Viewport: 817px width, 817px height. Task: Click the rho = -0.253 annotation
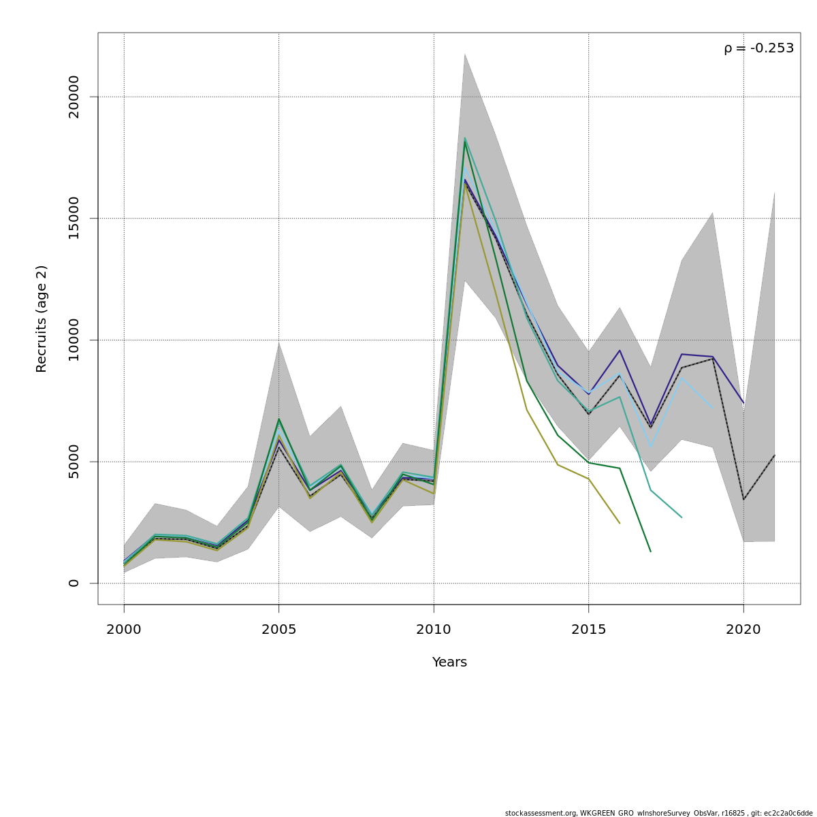click(758, 48)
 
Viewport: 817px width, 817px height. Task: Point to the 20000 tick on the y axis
click(74, 97)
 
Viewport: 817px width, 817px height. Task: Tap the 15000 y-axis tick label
click(74, 218)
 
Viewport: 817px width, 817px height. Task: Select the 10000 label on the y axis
click(74, 340)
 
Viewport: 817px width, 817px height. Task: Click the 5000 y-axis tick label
click(74, 462)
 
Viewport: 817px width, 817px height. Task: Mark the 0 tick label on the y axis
click(74, 583)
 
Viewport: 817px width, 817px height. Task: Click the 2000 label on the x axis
click(124, 630)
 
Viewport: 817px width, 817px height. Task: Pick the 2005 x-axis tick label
click(278, 630)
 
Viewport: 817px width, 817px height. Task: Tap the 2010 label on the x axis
click(434, 630)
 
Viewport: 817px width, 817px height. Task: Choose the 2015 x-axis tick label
click(589, 630)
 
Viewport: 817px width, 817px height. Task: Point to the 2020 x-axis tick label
click(743, 630)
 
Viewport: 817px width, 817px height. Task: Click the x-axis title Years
click(449, 662)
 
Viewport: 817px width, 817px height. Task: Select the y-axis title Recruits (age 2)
click(42, 319)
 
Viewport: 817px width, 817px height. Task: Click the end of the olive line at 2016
click(620, 524)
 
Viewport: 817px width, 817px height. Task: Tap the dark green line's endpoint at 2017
click(651, 551)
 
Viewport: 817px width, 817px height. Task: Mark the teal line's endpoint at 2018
click(682, 517)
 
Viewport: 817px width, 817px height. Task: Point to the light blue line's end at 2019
click(713, 409)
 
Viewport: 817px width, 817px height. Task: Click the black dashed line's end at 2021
click(775, 455)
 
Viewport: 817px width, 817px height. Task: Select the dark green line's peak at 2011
click(465, 141)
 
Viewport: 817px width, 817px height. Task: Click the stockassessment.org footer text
click(658, 813)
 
